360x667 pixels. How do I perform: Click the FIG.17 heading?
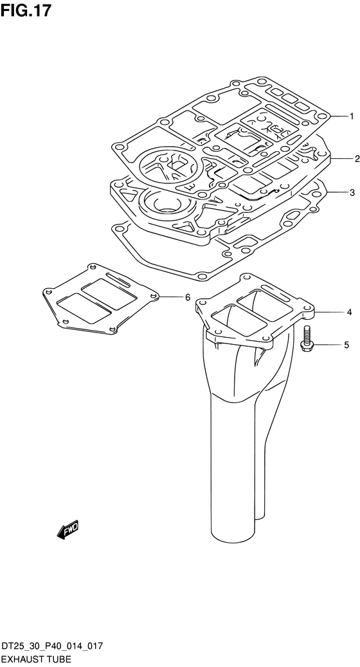pos(26,10)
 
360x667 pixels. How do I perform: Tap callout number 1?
pos(352,116)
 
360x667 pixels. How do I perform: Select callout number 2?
pos(357,159)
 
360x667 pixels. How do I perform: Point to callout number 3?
pos(352,193)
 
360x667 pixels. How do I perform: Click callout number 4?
pos(349,312)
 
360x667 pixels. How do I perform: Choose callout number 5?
pos(346,345)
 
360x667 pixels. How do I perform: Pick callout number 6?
pos(188,297)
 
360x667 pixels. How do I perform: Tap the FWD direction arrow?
pos(67,530)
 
